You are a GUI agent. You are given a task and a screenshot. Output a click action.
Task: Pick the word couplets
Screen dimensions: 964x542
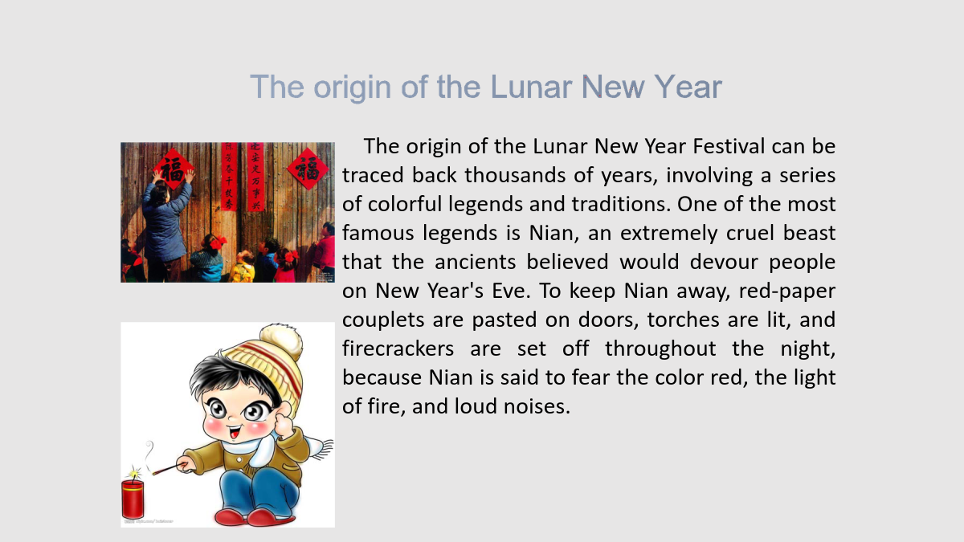tap(382, 320)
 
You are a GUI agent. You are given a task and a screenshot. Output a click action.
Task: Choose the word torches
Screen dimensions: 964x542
tap(683, 320)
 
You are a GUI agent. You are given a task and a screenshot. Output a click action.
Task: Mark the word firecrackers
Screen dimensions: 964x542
tap(398, 348)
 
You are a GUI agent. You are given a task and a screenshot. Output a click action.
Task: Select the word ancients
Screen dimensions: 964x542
tap(475, 262)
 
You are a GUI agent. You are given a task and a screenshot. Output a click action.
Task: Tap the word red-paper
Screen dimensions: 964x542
tap(787, 291)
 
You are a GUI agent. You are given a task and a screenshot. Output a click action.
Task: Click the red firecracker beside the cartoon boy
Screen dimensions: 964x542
tap(133, 499)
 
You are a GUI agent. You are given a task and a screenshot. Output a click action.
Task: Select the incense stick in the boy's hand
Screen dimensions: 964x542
tap(169, 469)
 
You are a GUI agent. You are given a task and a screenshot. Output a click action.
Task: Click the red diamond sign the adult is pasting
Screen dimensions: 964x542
tap(173, 169)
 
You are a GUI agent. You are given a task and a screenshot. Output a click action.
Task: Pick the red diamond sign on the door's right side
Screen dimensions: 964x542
tap(307, 169)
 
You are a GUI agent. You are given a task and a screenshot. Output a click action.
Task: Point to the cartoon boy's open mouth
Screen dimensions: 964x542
tap(235, 431)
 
